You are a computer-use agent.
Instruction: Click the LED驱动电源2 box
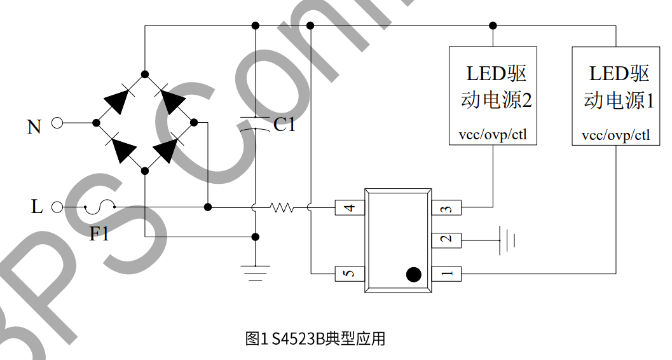493,95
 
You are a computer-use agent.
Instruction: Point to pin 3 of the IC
446,207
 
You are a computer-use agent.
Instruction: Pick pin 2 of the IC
446,240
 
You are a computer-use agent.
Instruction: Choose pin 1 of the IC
446,274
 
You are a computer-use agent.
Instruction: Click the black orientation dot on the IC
413,274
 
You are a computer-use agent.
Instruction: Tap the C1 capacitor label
284,125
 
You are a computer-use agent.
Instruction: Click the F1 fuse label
99,234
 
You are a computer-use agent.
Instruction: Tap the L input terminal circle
57,207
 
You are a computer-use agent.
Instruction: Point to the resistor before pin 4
282,207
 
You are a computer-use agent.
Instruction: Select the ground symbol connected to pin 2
507,240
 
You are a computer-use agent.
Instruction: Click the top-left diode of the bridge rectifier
118,100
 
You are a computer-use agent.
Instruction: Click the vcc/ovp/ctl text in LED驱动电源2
493,135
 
